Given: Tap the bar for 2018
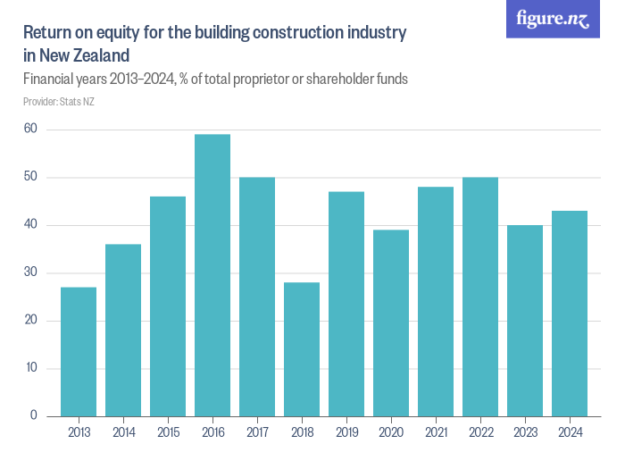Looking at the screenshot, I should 302,349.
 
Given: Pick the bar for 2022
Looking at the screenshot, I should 480,297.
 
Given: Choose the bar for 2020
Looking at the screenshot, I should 391,322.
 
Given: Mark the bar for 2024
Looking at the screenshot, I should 570,314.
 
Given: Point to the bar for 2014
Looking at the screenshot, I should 123,330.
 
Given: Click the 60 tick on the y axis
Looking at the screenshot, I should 30,130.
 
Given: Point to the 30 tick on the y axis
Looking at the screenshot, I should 30,272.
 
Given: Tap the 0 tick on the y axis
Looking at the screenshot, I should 34,415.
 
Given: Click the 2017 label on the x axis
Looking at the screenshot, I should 257,433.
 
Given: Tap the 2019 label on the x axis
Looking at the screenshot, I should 346,433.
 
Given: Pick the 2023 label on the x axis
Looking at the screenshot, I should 525,433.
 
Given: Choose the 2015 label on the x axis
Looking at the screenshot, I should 168,433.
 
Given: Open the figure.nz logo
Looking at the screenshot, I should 554,20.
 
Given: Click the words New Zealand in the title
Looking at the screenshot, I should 84,55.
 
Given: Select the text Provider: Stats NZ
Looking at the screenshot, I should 59,101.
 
